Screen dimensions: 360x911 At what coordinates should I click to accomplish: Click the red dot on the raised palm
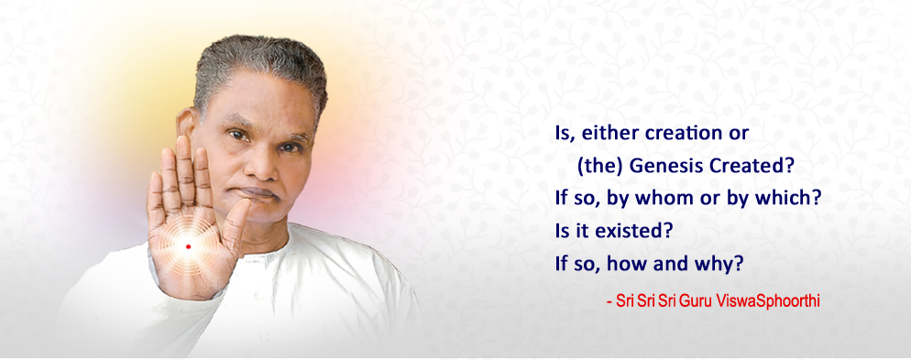click(x=188, y=246)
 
